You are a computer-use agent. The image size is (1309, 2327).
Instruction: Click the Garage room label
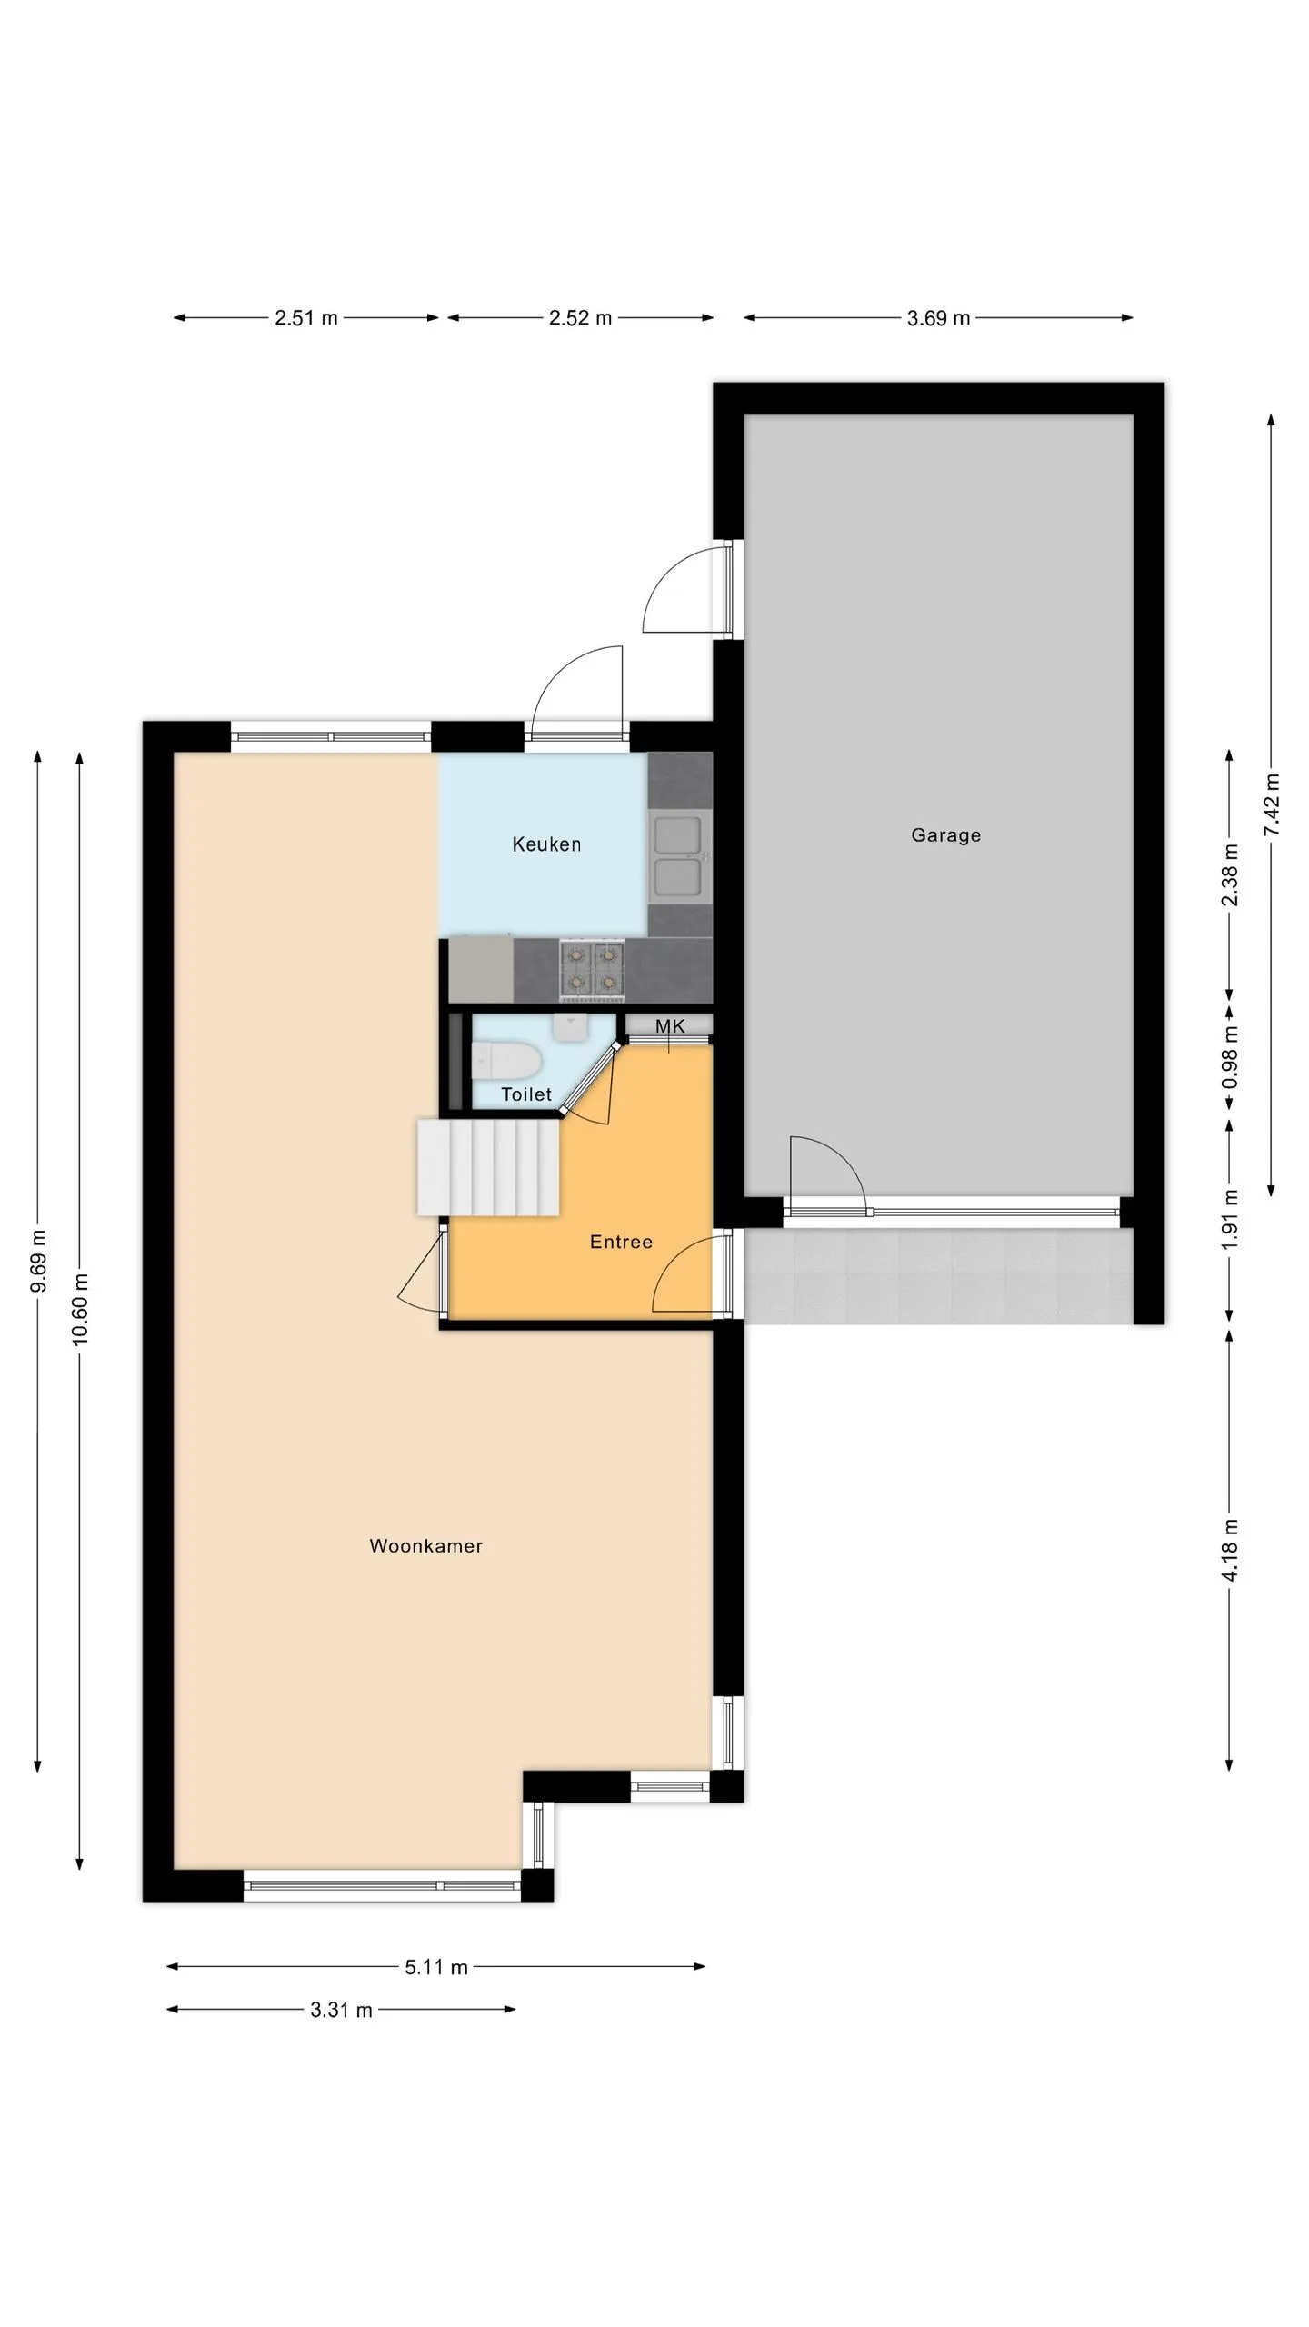[x=945, y=834]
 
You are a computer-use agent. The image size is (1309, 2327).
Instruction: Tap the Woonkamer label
[x=425, y=1545]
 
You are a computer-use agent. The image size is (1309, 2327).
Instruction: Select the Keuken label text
[x=546, y=844]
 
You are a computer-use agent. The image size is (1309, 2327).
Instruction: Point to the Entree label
[x=621, y=1242]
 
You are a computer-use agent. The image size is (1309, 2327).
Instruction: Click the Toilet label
[x=526, y=1094]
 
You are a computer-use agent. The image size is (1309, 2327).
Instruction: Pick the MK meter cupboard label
[x=670, y=1026]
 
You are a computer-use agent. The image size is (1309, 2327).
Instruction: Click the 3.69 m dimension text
[x=938, y=318]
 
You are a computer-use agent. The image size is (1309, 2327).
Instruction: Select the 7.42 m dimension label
[x=1272, y=805]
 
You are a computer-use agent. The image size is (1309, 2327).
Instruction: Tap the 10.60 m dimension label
[x=80, y=1309]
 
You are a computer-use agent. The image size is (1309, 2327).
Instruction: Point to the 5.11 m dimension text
[x=436, y=1967]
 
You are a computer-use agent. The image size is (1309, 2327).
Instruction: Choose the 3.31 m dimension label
[x=341, y=2010]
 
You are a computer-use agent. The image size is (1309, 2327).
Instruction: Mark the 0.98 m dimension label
[x=1230, y=1057]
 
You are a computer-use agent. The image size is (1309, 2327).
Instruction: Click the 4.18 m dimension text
[x=1230, y=1550]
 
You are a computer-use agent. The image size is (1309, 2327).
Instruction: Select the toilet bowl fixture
[x=506, y=1060]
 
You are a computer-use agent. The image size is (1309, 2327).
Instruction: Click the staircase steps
[x=488, y=1167]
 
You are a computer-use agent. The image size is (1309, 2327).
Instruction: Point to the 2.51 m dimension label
[x=306, y=318]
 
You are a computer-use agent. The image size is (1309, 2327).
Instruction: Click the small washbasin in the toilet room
[x=571, y=1025]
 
